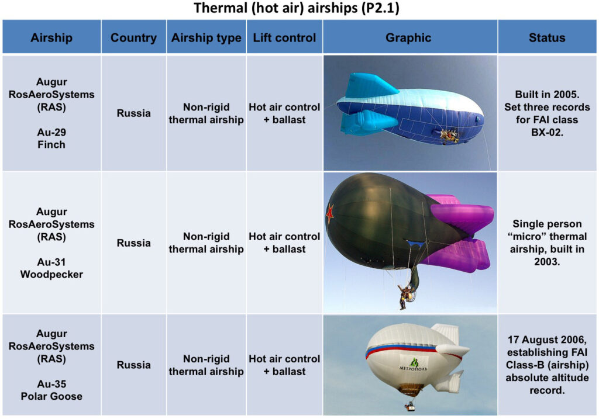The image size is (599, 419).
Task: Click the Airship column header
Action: click(x=51, y=37)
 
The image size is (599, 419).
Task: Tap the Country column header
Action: click(x=134, y=37)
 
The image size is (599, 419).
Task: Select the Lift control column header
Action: click(x=285, y=37)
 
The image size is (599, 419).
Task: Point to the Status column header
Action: click(x=547, y=37)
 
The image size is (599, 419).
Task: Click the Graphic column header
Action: click(x=408, y=37)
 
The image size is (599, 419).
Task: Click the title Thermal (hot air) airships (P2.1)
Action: click(x=297, y=8)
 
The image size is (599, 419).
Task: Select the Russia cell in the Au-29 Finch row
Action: click(x=134, y=113)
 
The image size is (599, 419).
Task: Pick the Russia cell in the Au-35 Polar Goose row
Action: click(x=134, y=365)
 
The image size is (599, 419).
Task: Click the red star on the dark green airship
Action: click(x=330, y=214)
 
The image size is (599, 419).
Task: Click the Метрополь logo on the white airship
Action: click(x=414, y=365)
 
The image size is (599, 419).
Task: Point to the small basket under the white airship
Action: click(x=410, y=407)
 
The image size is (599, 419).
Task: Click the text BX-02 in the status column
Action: click(x=547, y=133)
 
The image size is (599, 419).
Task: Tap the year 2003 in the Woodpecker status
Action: click(x=547, y=262)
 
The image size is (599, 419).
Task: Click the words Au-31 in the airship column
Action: click(x=51, y=262)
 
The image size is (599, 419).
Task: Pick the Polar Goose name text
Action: click(x=51, y=396)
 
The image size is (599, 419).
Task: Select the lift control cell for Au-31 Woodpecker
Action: click(x=285, y=243)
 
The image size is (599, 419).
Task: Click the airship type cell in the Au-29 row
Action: click(x=206, y=113)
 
